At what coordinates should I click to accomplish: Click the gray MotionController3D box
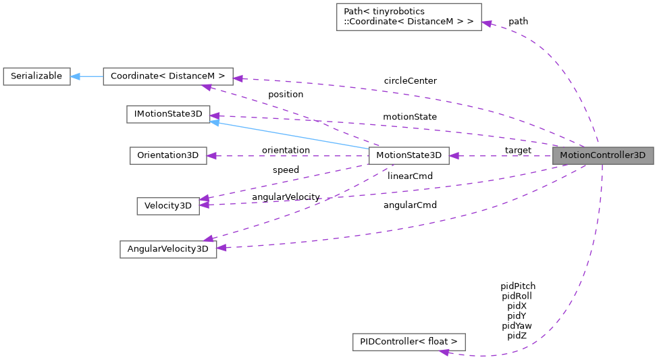[x=603, y=155]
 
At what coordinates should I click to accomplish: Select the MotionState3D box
[x=409, y=155]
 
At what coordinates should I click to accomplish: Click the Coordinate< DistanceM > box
[x=167, y=76]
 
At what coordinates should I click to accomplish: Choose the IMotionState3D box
[x=168, y=114]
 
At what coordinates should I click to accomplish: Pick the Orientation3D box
[x=167, y=155]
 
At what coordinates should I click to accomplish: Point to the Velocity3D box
[x=167, y=206]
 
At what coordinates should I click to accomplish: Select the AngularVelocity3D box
[x=167, y=249]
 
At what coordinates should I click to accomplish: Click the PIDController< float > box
[x=409, y=342]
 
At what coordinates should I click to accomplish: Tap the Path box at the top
[x=409, y=17]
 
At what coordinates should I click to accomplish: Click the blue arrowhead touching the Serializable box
[x=75, y=76]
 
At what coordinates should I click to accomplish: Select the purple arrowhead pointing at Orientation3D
[x=212, y=155]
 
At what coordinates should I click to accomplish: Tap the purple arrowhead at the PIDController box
[x=444, y=351]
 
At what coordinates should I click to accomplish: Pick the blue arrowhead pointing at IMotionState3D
[x=215, y=122]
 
